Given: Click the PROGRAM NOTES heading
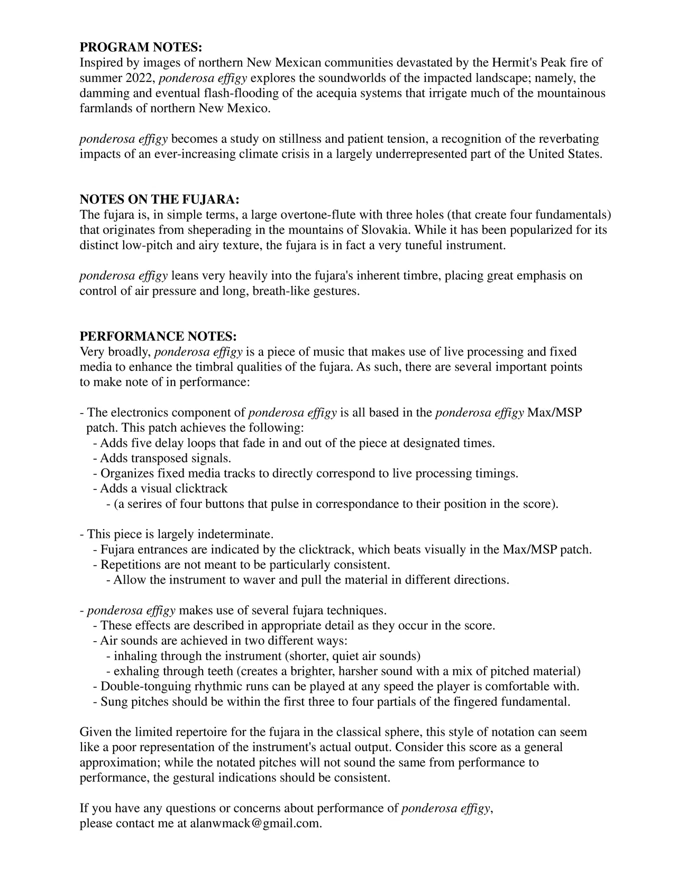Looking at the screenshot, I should click(x=141, y=48).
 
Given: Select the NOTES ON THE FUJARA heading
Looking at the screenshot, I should click(x=160, y=199).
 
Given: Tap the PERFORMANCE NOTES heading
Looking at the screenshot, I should click(x=158, y=337).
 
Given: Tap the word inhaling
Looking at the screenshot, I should click(x=135, y=656).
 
